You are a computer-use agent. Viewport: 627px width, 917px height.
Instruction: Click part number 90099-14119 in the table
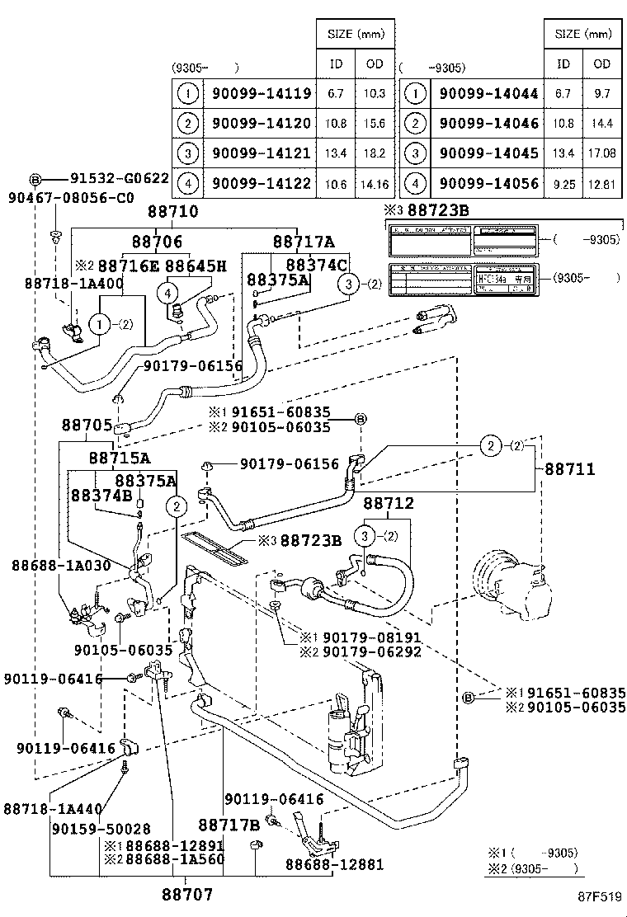262,94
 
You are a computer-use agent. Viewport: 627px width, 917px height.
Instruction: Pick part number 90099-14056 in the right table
488,183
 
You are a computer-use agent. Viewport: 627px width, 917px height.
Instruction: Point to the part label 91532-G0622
119,178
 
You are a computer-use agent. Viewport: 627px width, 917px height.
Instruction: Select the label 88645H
196,266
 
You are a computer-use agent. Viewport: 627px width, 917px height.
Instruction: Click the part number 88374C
317,265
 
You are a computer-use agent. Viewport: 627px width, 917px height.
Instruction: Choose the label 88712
389,502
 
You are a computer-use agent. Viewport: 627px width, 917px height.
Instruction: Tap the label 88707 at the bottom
187,893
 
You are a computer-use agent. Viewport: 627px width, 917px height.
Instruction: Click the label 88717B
229,825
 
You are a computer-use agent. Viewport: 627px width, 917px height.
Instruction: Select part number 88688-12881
335,863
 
